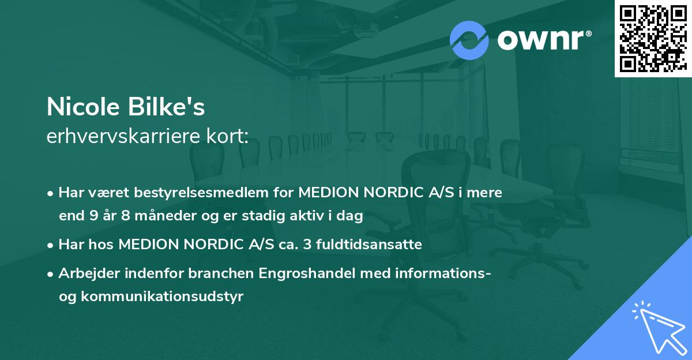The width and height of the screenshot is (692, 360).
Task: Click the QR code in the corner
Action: coord(653,38)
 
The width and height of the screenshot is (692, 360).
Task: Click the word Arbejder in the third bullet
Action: coord(85,273)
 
